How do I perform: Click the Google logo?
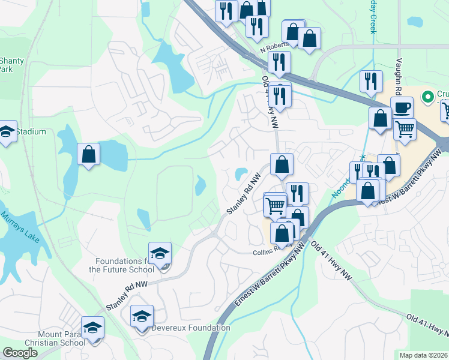20,353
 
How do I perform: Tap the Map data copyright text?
423,355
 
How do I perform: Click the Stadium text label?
31,131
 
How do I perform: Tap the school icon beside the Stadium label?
7,131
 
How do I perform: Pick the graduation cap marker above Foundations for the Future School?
160,253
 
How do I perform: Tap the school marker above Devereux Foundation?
142,316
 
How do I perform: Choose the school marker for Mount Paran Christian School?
92,328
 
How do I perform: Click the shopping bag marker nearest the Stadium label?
89,154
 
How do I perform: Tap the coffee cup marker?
402,107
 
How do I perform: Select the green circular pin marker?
428,96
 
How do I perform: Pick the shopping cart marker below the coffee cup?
405,128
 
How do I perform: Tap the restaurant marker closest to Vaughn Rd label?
370,80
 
